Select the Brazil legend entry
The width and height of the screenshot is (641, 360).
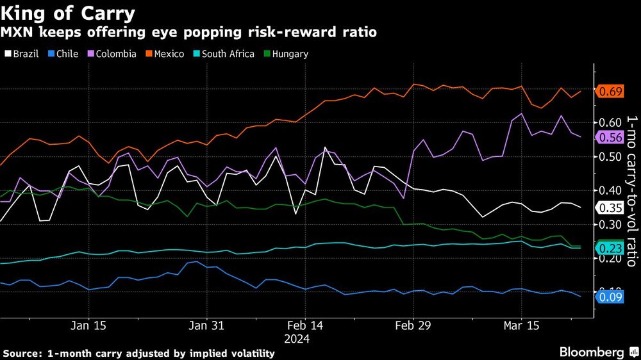(x=26, y=54)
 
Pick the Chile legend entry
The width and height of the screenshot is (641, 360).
(x=67, y=54)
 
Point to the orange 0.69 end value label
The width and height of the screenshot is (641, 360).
(x=611, y=92)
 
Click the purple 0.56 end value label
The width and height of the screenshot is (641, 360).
(x=611, y=137)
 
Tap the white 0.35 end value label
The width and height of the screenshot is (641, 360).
(x=611, y=208)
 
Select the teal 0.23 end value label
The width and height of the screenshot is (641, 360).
(x=611, y=249)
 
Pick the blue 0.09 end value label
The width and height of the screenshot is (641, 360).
(x=611, y=296)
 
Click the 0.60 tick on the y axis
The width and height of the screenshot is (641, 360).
(x=611, y=122)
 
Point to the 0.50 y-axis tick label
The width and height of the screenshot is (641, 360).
(x=611, y=157)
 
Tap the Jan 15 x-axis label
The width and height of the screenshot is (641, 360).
(x=89, y=325)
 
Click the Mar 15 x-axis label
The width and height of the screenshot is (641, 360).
(x=521, y=325)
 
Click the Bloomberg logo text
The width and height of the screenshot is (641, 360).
(x=592, y=352)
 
